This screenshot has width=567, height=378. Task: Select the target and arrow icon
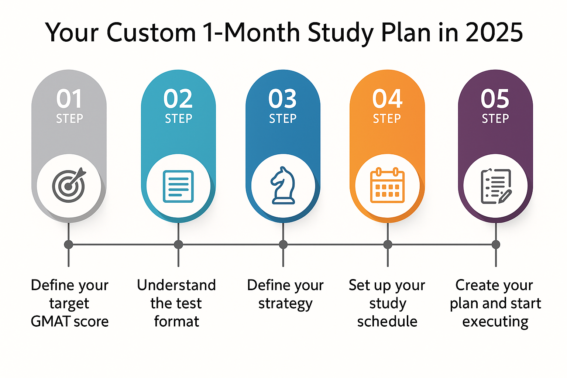click(x=69, y=186)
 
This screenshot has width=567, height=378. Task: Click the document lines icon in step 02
click(x=178, y=186)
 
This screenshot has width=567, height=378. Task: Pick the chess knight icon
click(x=283, y=186)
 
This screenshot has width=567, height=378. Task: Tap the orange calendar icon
click(x=387, y=185)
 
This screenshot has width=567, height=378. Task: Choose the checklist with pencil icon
click(x=496, y=186)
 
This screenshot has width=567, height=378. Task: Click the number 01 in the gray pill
click(x=69, y=99)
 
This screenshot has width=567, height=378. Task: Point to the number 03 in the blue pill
click(x=282, y=99)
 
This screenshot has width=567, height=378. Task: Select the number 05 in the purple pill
click(x=495, y=99)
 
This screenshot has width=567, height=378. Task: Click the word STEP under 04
click(x=387, y=118)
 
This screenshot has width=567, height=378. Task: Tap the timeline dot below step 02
click(x=178, y=244)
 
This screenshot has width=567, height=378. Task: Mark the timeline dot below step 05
click(x=496, y=244)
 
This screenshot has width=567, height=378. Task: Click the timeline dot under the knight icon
click(x=283, y=244)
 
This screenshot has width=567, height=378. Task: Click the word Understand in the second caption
click(x=176, y=285)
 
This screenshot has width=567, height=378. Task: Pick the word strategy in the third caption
click(x=285, y=304)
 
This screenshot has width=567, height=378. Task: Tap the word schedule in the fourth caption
click(x=387, y=322)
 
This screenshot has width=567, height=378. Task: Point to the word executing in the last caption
click(x=495, y=322)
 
